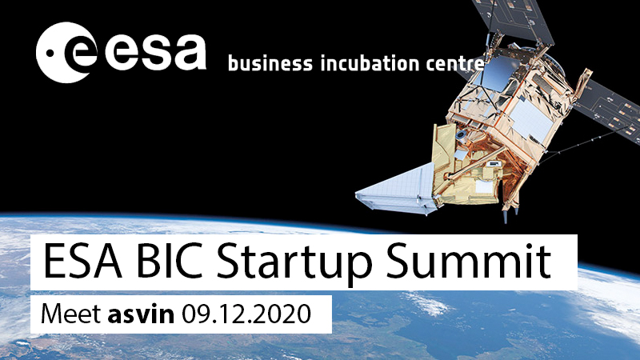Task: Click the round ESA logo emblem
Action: [x=66, y=53]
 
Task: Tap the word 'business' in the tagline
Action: [x=270, y=63]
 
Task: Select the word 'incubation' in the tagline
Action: [x=370, y=63]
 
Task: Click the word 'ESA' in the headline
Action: [x=82, y=261]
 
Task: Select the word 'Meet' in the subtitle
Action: [x=70, y=314]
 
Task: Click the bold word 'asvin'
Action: [x=142, y=314]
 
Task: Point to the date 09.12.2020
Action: [x=246, y=314]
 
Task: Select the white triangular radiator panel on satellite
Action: [x=396, y=189]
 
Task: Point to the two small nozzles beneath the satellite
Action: [x=511, y=215]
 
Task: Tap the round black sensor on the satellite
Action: [x=461, y=134]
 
